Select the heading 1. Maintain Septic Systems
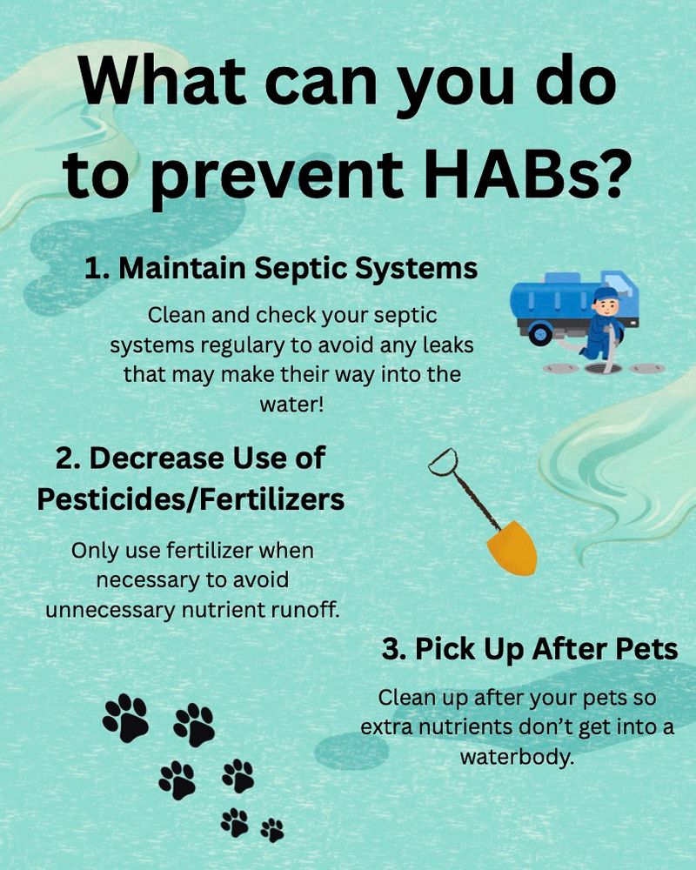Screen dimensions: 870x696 click(x=281, y=268)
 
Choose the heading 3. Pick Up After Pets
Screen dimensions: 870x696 click(x=529, y=649)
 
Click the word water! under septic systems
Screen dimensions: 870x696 click(x=292, y=405)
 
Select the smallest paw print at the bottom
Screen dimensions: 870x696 click(x=272, y=829)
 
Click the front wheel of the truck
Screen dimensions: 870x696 click(x=539, y=332)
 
